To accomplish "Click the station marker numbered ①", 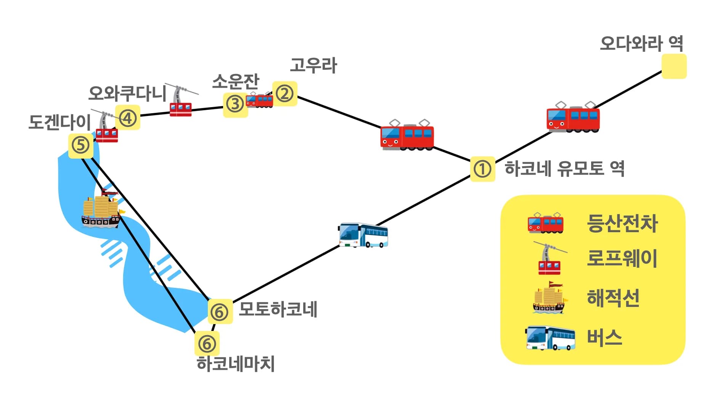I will pos(482,169).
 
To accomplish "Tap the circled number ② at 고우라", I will pos(284,93).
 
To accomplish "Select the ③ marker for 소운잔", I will pos(235,104).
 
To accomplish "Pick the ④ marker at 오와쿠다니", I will pos(128,117).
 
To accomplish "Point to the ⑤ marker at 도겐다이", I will pos(80,145).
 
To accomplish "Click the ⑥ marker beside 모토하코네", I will pos(220,312).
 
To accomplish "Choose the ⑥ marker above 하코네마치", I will pos(207,344).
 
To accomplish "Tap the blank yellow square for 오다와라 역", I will pos(674,66).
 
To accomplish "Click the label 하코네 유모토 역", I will pos(564,168).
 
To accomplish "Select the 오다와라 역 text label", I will pos(641,43).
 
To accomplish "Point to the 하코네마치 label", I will pos(236,364).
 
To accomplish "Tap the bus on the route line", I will pos(363,235).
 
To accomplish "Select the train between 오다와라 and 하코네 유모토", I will pos(573,118).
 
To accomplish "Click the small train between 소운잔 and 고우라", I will pos(259,100).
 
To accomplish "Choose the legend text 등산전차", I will pos(622,223).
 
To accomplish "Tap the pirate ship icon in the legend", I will pos(549,299).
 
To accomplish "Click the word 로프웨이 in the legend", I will pos(622,258).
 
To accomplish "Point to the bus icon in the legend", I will pos(550,338).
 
